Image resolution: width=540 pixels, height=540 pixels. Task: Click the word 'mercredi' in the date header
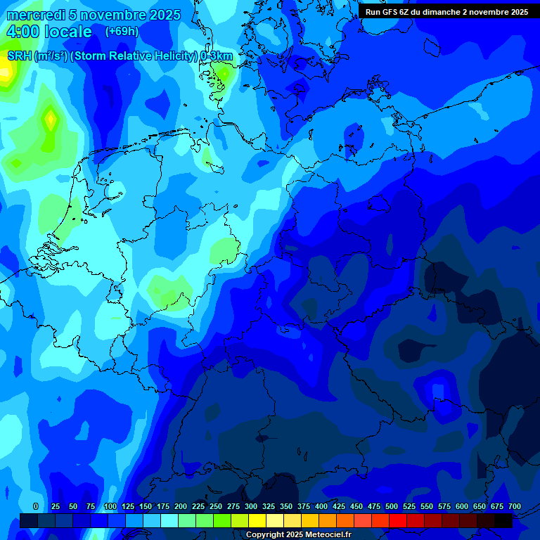[x=35, y=15]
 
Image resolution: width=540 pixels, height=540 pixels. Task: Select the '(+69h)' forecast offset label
[x=122, y=32]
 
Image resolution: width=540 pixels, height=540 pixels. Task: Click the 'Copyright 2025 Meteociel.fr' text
[x=298, y=534]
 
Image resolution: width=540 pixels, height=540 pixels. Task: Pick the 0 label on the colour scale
[x=36, y=506]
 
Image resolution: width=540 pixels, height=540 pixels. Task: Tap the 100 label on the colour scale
[x=110, y=506]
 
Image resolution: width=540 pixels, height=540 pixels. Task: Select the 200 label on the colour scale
[x=181, y=506]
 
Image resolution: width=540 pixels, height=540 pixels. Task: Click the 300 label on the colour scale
[x=251, y=506]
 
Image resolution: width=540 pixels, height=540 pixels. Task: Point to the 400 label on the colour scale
[x=321, y=506]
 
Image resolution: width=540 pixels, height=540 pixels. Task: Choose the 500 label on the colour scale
[x=392, y=506]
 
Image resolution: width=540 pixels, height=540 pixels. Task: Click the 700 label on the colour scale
[x=515, y=506]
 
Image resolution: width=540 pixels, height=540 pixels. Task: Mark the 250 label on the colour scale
[x=216, y=506]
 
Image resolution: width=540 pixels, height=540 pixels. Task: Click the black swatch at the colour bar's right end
[x=504, y=520]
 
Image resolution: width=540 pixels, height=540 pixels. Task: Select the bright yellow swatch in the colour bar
[x=257, y=520]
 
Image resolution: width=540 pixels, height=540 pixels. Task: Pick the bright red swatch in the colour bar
[x=398, y=520]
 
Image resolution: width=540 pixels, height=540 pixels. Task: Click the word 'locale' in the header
[x=67, y=32]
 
